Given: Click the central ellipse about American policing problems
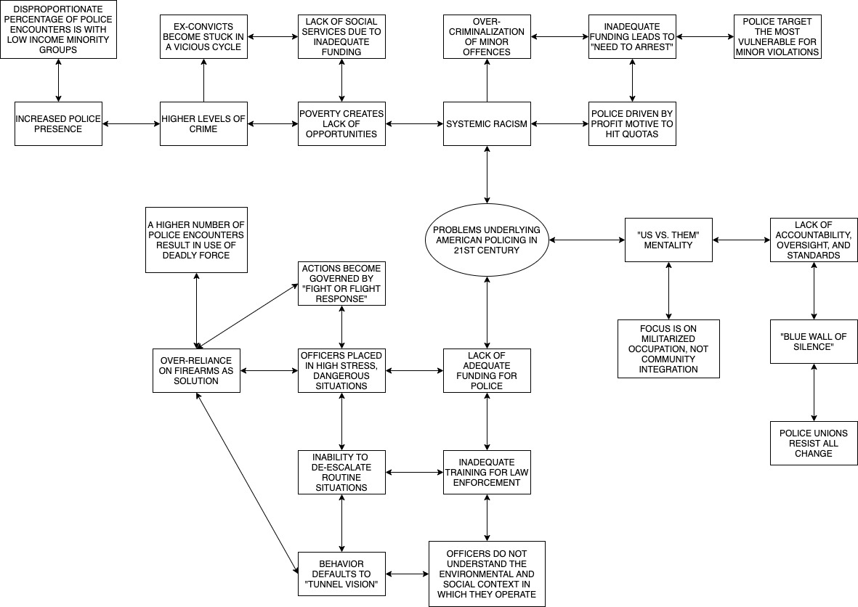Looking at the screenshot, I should [x=486, y=240].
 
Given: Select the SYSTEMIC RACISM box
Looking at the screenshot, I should [x=486, y=123].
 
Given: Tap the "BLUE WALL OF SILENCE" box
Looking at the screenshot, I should [x=814, y=341].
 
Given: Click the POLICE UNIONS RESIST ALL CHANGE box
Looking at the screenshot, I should [x=814, y=443].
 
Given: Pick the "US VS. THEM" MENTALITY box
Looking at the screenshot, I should [x=668, y=240].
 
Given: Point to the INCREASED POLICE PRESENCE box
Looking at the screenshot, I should [x=58, y=123].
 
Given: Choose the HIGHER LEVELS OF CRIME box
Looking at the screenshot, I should [x=203, y=123].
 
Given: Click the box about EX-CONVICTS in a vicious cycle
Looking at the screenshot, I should [x=203, y=36].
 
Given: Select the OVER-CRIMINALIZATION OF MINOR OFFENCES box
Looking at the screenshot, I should [x=486, y=36].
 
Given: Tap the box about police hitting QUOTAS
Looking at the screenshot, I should [x=632, y=123].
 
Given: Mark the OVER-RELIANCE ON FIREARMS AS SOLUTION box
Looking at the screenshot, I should [x=196, y=370].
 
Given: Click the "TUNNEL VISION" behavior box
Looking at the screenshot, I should [x=341, y=574].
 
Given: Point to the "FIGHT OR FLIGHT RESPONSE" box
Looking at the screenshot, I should [x=341, y=283].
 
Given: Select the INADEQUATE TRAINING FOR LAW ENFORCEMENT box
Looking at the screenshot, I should [x=486, y=472].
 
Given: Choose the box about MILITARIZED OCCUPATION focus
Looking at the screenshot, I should [x=668, y=349].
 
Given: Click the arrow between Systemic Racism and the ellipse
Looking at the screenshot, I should [x=486, y=174].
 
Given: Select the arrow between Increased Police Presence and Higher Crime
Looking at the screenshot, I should [x=131, y=124].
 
